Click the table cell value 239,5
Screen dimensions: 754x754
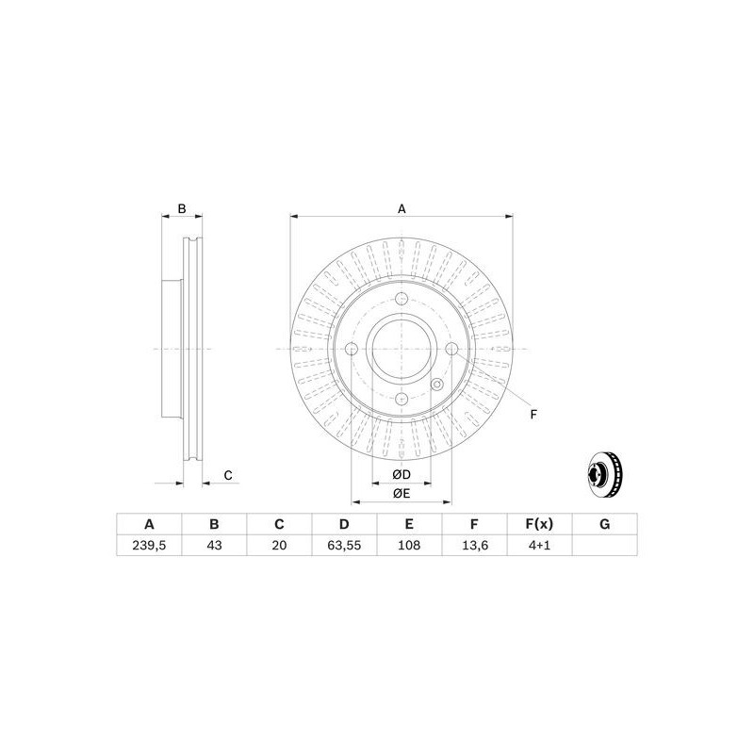[x=148, y=546]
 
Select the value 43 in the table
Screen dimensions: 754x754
[x=214, y=546]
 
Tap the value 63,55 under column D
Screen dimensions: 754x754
[x=344, y=546]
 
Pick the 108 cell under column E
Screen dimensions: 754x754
[x=409, y=546]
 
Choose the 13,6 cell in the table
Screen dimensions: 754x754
[x=475, y=546]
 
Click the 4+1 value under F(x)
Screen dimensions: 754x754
[x=540, y=546]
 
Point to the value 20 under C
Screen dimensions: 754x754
[x=279, y=546]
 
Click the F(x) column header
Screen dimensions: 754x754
[x=540, y=524]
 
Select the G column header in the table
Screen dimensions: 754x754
[x=605, y=524]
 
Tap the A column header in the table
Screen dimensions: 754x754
[x=148, y=524]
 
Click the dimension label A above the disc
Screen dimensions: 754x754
[x=402, y=209]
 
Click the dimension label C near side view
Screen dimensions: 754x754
[x=228, y=475]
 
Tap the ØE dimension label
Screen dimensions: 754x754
[x=401, y=493]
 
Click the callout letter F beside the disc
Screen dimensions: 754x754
[x=533, y=414]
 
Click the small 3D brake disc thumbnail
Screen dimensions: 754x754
[x=604, y=476]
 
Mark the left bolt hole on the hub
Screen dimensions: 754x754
[x=352, y=351]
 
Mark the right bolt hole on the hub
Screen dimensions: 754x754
[x=451, y=351]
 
